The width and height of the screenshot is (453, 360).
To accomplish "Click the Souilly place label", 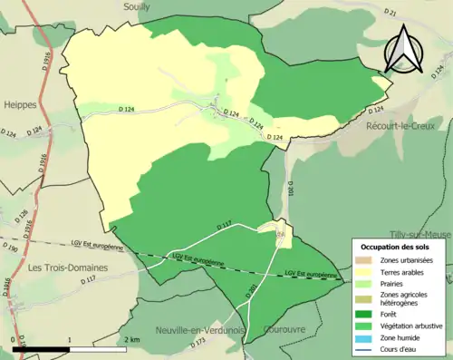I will click(x=136, y=5).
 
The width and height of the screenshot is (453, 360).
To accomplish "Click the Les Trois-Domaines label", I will click(x=68, y=268).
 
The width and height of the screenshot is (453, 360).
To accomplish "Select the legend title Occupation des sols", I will click(x=397, y=247).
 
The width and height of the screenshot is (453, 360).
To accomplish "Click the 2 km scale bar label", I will click(x=131, y=339).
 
